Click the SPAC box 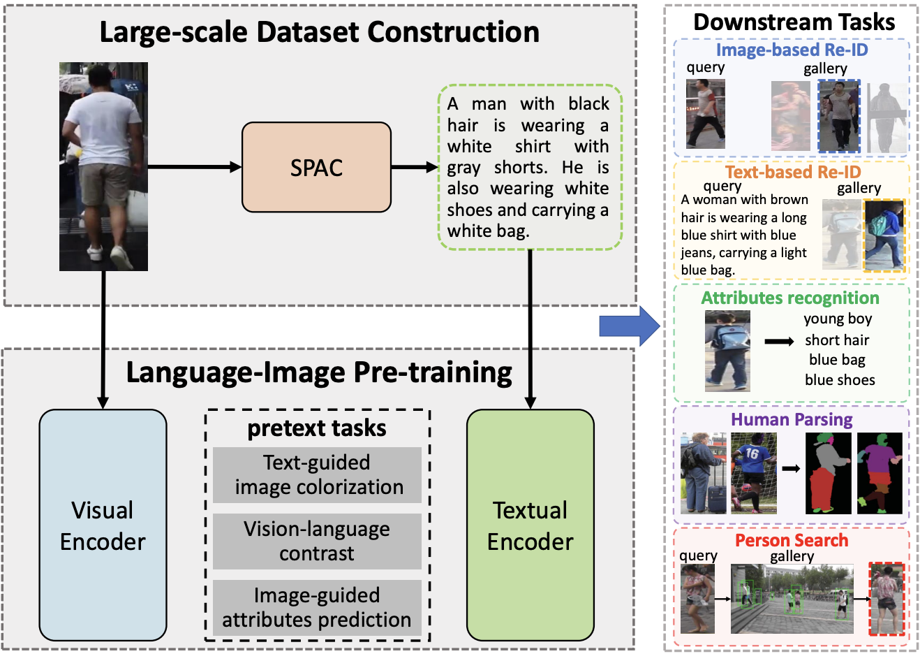pyautogui.click(x=316, y=168)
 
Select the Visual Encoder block pyautogui.click(x=103, y=525)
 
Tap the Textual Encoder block pyautogui.click(x=530, y=525)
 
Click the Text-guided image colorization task pyautogui.click(x=317, y=475)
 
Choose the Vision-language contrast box pyautogui.click(x=317, y=542)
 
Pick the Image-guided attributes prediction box pyautogui.click(x=317, y=608)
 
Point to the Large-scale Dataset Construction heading pyautogui.click(x=319, y=32)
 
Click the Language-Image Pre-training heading pyautogui.click(x=319, y=372)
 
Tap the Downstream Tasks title pyautogui.click(x=794, y=22)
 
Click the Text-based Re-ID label pyautogui.click(x=792, y=172)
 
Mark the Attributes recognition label pyautogui.click(x=790, y=298)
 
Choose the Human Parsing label pyautogui.click(x=792, y=419)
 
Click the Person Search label pyautogui.click(x=792, y=540)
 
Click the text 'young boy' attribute pyautogui.click(x=838, y=319)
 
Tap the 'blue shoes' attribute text pyautogui.click(x=840, y=380)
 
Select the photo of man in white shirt pyautogui.click(x=103, y=166)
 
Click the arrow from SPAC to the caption pyautogui.click(x=414, y=168)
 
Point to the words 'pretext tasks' pyautogui.click(x=317, y=428)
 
